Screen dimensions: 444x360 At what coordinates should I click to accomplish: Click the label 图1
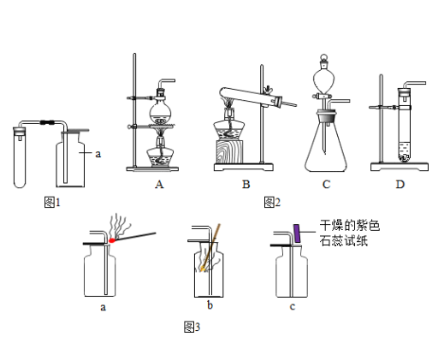point(52,202)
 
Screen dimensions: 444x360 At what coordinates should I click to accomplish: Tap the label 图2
point(272,202)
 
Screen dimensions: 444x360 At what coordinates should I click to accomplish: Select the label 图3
point(192,327)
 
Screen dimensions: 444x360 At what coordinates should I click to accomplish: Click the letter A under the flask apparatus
point(159,185)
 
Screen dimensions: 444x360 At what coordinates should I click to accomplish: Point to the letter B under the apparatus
point(246,185)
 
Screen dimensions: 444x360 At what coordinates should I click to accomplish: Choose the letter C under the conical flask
point(326,185)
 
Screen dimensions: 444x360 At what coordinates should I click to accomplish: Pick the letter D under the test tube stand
point(400,185)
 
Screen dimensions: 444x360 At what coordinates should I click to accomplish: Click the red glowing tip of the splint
point(112,240)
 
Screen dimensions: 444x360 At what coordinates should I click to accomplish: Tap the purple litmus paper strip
point(297,233)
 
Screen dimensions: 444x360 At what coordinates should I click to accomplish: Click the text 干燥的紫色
point(350,225)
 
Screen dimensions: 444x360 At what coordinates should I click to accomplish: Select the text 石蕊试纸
point(344,240)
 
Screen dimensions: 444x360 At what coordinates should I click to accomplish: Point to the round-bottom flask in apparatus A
point(161,113)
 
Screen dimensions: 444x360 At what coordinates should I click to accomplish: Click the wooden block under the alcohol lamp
point(229,151)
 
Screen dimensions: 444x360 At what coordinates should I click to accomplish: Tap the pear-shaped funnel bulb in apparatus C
point(324,80)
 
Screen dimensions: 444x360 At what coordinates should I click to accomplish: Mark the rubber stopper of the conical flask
point(326,117)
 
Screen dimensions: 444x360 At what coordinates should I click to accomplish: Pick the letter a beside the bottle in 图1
point(98,154)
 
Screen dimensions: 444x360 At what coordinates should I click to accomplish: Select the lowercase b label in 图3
point(210,305)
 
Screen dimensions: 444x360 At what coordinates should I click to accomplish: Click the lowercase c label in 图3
point(293,307)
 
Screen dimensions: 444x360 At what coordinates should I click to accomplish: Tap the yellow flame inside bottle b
point(203,269)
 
